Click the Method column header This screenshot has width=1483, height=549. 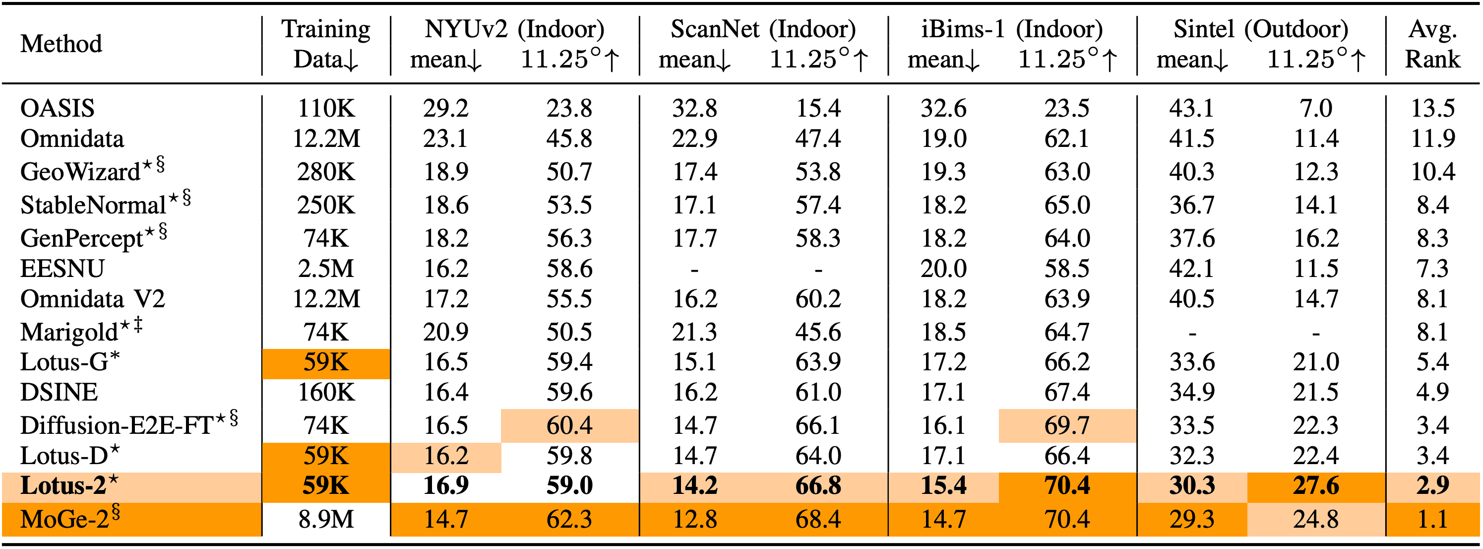pyautogui.click(x=61, y=44)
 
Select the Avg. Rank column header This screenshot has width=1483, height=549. pyautogui.click(x=1432, y=44)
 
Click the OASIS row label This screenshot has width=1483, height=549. pyautogui.click(x=57, y=108)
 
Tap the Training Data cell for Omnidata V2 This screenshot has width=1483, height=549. pyautogui.click(x=326, y=299)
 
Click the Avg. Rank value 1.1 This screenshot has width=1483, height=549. pyautogui.click(x=1432, y=519)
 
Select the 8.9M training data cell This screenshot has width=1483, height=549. pyautogui.click(x=326, y=519)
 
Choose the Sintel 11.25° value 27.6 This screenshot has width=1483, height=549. pyautogui.click(x=1315, y=485)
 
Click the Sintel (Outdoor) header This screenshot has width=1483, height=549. pyautogui.click(x=1261, y=29)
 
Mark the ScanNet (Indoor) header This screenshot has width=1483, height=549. pyautogui.click(x=763, y=29)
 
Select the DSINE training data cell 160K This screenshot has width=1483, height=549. pyautogui.click(x=326, y=392)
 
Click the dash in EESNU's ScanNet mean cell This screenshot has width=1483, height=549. pyautogui.click(x=695, y=270)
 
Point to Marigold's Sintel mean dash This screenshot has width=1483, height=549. pyautogui.click(x=1192, y=333)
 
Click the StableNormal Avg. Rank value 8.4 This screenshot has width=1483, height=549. pyautogui.click(x=1432, y=205)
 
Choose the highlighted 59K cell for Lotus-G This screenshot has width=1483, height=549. pyautogui.click(x=326, y=362)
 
